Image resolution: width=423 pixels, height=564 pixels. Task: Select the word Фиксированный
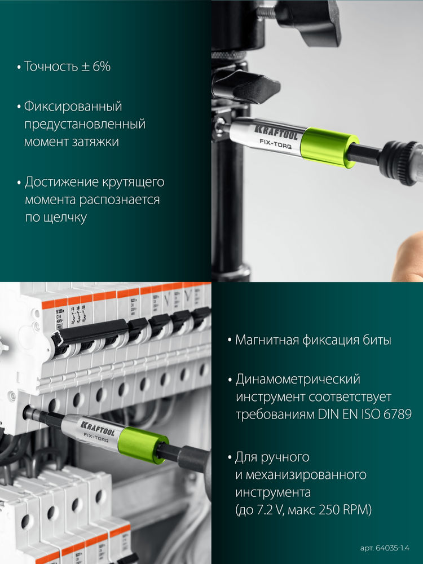tap(73, 107)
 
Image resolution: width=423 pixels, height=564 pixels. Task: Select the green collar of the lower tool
tap(149, 443)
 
